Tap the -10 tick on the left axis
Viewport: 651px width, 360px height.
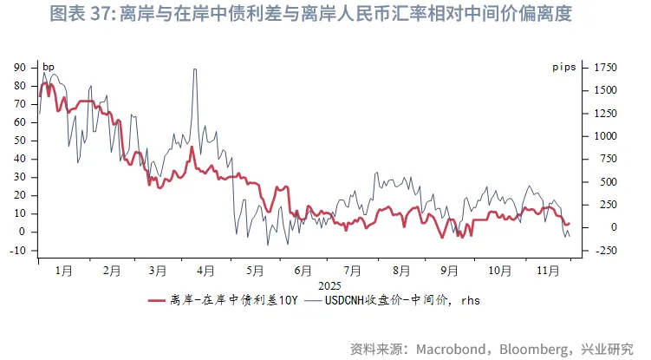[18, 250]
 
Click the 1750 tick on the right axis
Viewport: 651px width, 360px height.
[605, 67]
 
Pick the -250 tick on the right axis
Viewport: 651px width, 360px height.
[607, 250]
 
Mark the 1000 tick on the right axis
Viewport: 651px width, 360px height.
[605, 136]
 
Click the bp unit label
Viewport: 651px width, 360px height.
[48, 67]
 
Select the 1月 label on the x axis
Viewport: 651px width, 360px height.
[62, 271]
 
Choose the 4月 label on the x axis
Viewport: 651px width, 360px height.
[205, 271]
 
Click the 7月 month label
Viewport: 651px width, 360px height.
[353, 271]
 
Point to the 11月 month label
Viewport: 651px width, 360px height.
[545, 271]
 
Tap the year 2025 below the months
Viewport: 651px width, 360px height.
[330, 285]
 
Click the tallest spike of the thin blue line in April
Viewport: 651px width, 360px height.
[194, 69]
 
